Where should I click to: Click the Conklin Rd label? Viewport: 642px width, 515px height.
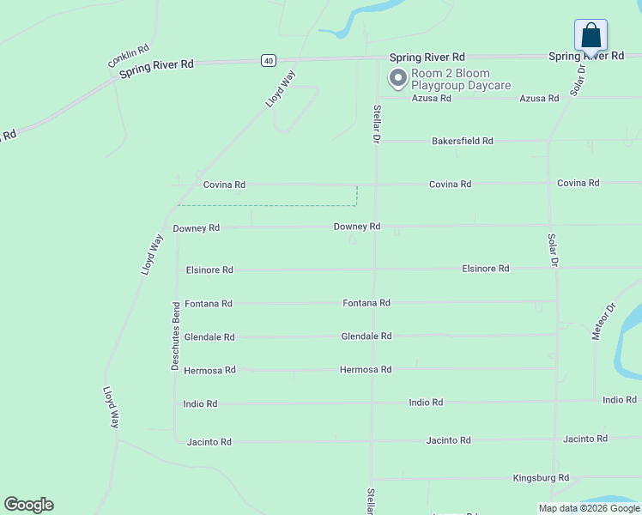pos(130,57)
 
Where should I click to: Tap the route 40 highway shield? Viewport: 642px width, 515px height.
pos(269,60)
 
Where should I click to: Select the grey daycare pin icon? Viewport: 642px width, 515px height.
pos(397,79)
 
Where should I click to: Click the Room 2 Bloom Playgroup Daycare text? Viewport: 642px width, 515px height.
pos(461,80)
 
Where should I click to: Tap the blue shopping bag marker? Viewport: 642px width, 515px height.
pos(591,36)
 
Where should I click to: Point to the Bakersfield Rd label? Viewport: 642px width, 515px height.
pos(463,141)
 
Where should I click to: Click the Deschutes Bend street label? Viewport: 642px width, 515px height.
pos(175,336)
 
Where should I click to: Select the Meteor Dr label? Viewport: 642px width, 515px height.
pos(604,321)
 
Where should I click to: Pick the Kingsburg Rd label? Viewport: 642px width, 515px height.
pos(541,477)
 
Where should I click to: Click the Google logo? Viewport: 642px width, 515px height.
pos(28,505)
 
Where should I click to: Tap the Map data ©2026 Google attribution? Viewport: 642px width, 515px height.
pos(589,508)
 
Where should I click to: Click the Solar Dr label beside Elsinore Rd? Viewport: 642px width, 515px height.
pos(553,248)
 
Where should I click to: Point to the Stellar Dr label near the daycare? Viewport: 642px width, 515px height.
pos(376,124)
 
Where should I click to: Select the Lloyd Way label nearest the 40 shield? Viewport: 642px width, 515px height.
pos(280,88)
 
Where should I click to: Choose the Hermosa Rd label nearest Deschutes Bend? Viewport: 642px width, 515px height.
pos(209,370)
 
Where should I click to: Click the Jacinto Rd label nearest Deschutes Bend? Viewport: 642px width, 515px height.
pos(209,442)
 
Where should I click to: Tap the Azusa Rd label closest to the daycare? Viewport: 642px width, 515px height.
pos(431,99)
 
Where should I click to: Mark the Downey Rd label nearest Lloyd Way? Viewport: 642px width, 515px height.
pos(196,228)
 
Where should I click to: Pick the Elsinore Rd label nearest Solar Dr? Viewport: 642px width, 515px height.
pos(485,269)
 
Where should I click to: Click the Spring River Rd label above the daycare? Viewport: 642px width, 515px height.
pos(427,58)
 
